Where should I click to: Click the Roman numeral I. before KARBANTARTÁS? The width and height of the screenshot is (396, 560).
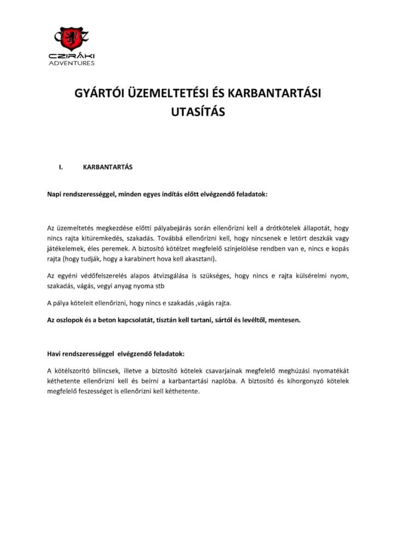tap(61, 167)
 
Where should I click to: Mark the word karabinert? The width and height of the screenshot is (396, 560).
tap(152, 258)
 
